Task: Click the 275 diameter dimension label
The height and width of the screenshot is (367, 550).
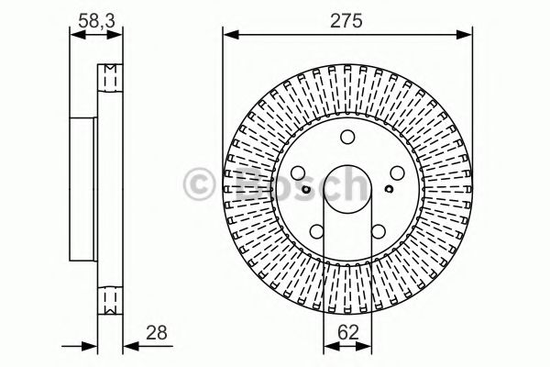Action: click(x=347, y=18)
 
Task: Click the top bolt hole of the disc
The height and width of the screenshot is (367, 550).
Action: click(x=347, y=139)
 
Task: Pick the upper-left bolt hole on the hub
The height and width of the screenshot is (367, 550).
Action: click(x=299, y=173)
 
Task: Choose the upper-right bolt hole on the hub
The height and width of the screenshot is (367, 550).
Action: click(x=396, y=173)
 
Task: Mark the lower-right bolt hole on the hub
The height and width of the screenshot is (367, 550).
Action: click(x=378, y=231)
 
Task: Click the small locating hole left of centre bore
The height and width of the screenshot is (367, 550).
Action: click(x=305, y=190)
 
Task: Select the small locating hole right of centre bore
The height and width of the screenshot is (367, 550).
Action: click(x=390, y=190)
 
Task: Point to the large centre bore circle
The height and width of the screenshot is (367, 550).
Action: click(x=347, y=189)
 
